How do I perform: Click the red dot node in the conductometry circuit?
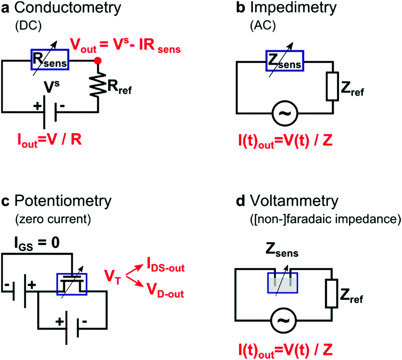pos(98,61)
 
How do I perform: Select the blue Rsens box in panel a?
pos(50,59)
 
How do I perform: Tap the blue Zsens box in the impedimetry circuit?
pos(285,61)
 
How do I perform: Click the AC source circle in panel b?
pos(285,113)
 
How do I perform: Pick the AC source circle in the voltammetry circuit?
pos(284,320)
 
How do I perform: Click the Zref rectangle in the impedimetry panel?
pos(332,86)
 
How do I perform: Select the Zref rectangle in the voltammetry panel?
pos(331,294)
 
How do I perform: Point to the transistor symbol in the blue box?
pos(72,284)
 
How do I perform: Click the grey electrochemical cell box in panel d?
pos(283,283)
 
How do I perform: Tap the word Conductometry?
pos(67,8)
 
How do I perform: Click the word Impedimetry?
pos(293,8)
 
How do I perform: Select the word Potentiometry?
pos(63,201)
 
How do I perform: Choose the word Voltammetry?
pos(294,201)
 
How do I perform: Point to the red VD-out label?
pos(165,291)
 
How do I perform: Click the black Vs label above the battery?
pos(52,87)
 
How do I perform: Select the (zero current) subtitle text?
pos(53,219)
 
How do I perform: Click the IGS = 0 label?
pos(37,243)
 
